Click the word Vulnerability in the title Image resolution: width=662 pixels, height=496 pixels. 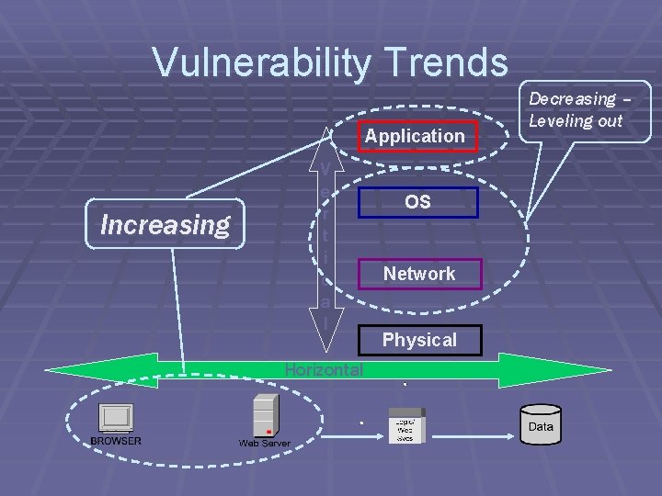[x=261, y=63]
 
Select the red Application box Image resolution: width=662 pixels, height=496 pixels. [x=415, y=136]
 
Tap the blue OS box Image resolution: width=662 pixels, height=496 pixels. [x=417, y=202]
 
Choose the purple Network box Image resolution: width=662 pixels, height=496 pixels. [x=418, y=274]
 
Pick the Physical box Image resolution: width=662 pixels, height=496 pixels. [x=419, y=340]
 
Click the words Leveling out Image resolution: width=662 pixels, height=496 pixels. [x=576, y=120]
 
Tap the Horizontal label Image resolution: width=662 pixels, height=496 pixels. [x=324, y=370]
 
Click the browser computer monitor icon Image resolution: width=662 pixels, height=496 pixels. [x=116, y=418]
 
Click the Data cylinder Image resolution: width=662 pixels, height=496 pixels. [x=541, y=425]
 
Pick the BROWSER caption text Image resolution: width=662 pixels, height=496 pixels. [x=116, y=441]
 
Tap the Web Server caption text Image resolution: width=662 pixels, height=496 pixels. [x=264, y=444]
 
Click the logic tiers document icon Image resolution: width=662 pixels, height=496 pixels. [x=405, y=425]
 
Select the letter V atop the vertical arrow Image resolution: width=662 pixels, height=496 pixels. [x=325, y=168]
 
